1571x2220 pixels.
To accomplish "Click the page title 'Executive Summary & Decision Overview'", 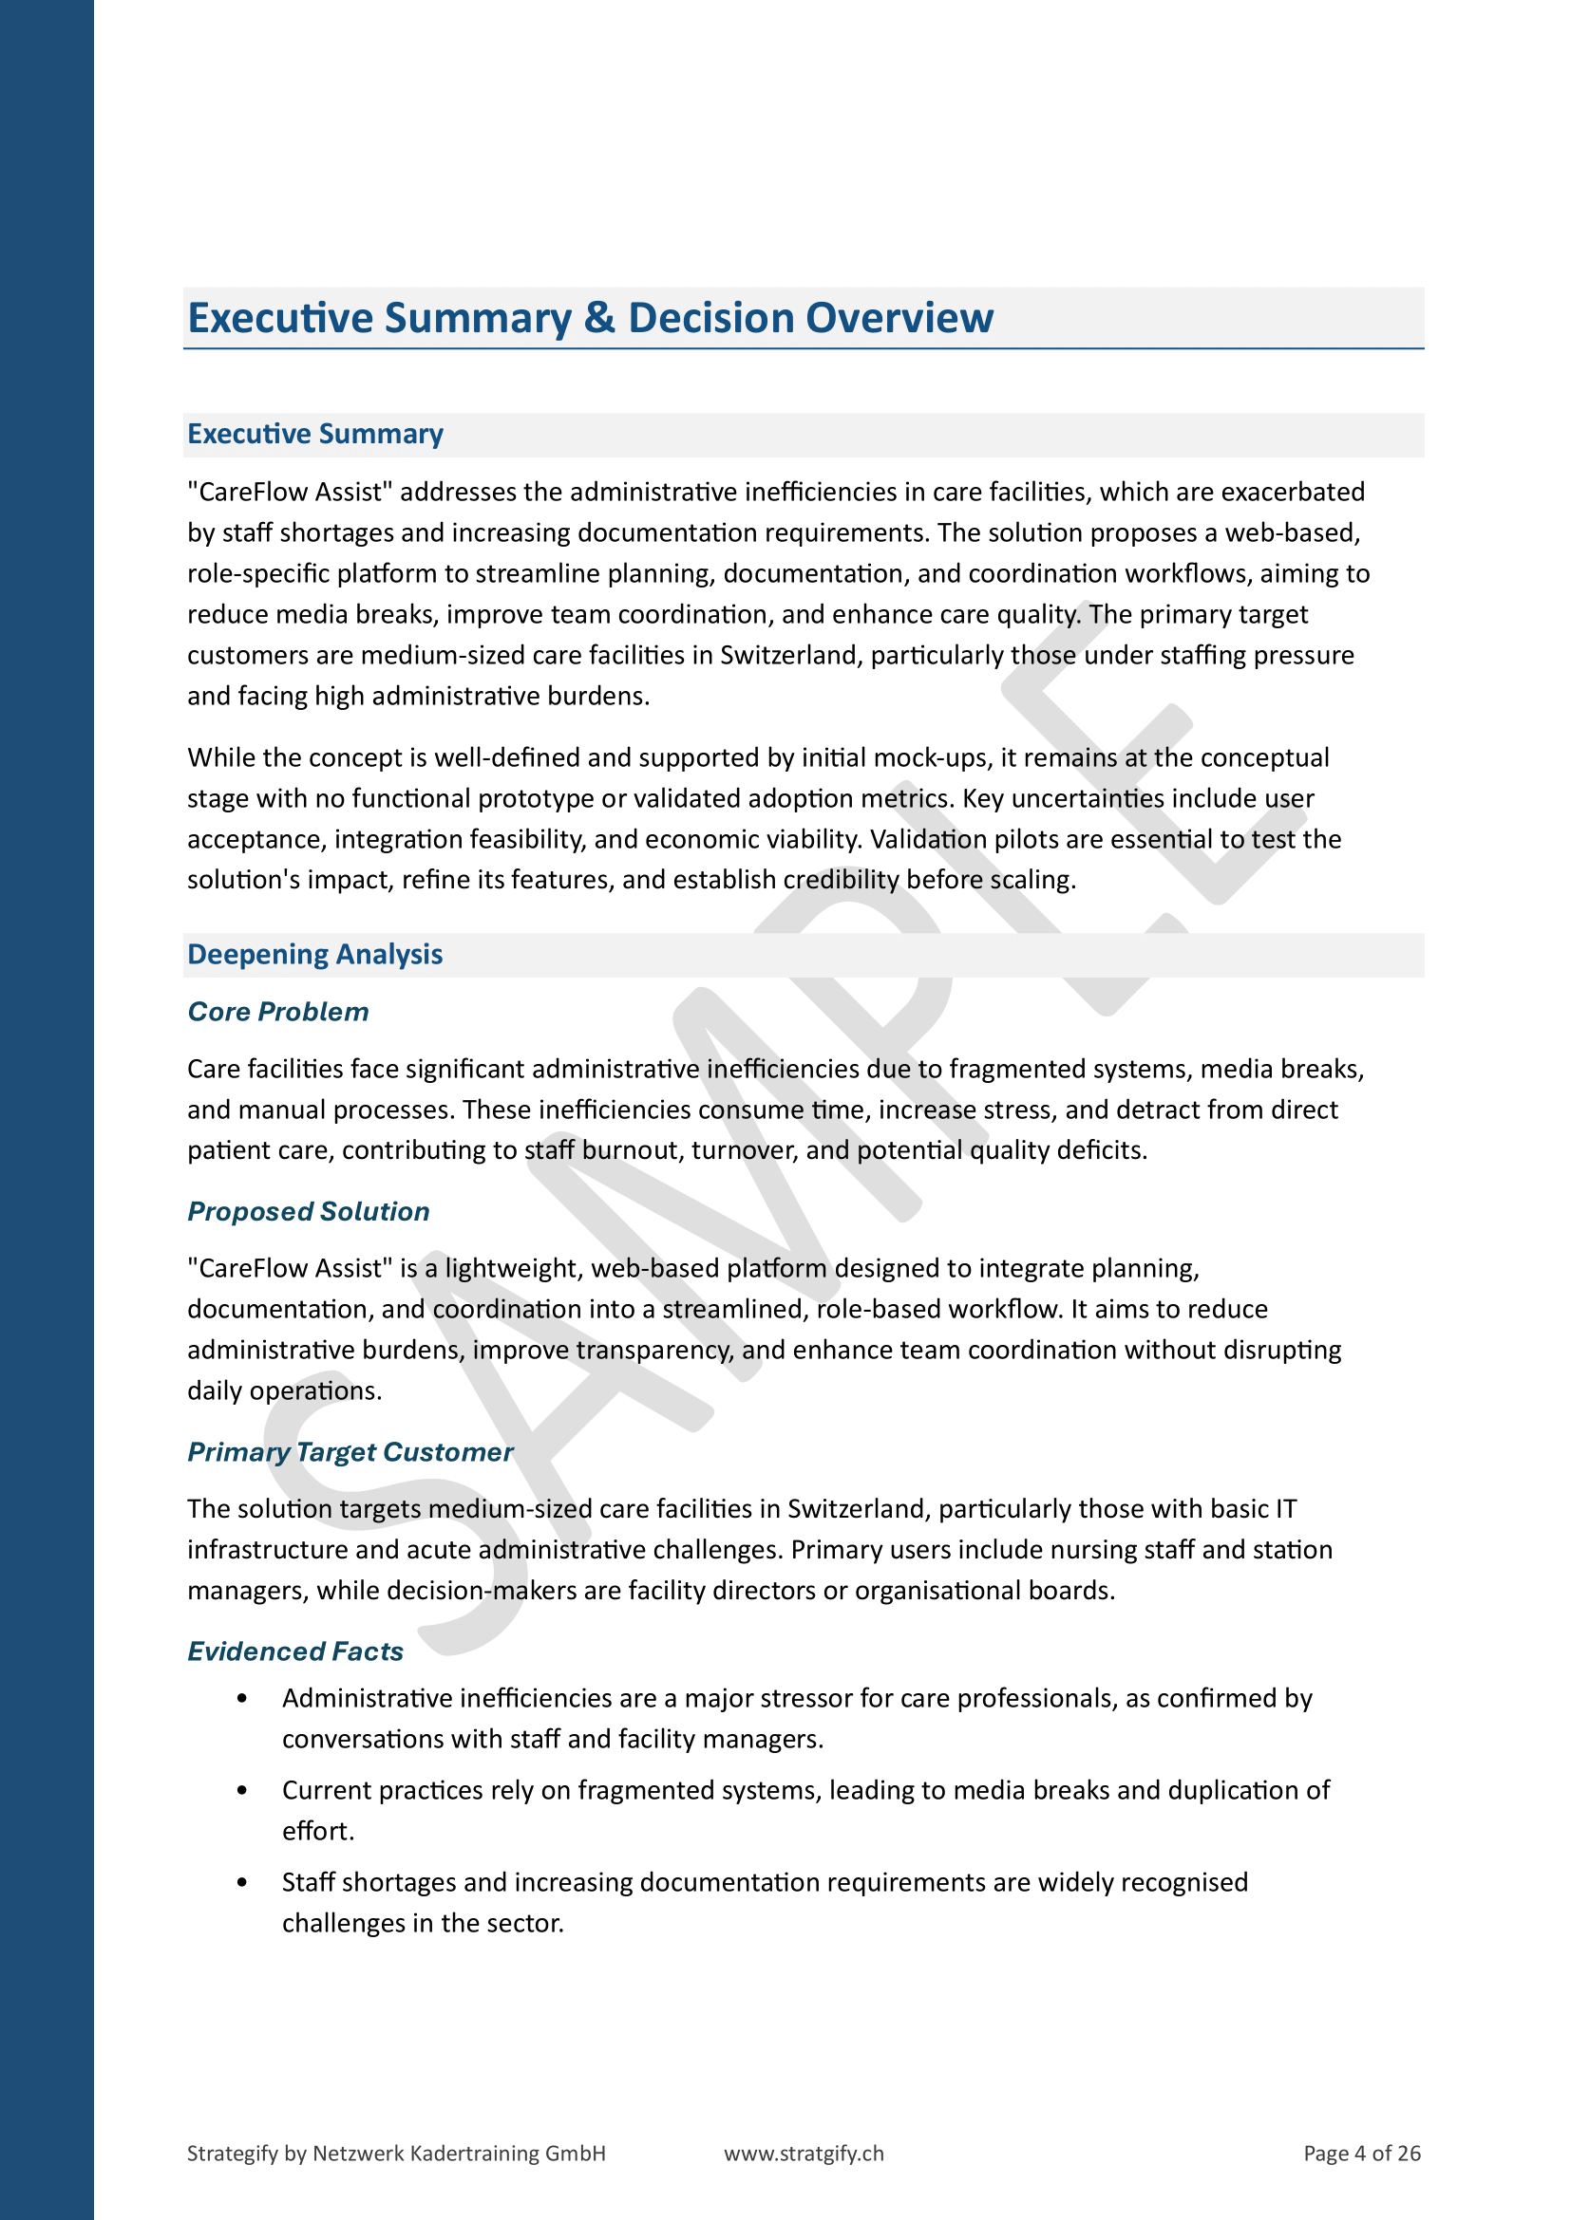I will coord(590,318).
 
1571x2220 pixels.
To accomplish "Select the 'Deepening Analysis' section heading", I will coord(314,954).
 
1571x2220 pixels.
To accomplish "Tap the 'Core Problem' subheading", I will coord(277,1012).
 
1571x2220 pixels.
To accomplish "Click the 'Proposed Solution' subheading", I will coord(308,1211).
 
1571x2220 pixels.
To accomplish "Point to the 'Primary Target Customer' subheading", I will coord(350,1452).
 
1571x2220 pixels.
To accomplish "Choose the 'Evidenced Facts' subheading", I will coord(295,1651).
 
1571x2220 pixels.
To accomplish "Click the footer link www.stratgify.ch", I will coord(803,2154).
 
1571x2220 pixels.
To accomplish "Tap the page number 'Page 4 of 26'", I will coord(1361,2154).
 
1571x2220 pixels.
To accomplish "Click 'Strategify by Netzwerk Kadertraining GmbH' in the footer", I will coord(396,2154).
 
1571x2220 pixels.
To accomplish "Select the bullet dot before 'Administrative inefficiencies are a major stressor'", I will coord(242,1699).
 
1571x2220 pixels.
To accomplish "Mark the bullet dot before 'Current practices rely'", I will coord(242,1791).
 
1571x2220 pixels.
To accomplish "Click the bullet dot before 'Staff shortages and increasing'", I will coord(242,1882).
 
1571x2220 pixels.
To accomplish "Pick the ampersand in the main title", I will coord(599,318).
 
